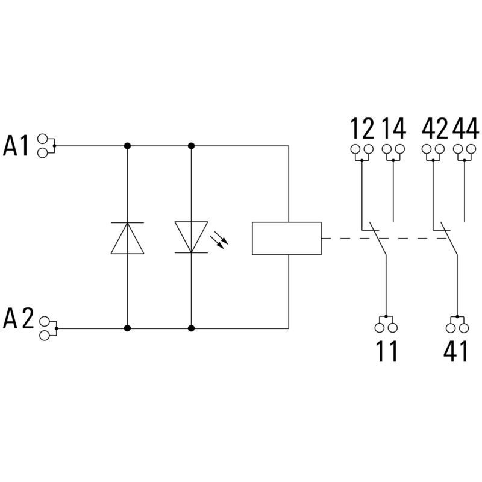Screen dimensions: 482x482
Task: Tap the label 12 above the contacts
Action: coord(362,128)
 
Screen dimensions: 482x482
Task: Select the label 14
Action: coord(394,128)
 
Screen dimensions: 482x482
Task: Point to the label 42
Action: coord(433,128)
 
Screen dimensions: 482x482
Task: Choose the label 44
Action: coord(465,128)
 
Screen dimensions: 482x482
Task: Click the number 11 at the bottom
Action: coord(386,352)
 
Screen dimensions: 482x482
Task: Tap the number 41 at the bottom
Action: coord(457,352)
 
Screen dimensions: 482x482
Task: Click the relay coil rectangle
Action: coord(286,238)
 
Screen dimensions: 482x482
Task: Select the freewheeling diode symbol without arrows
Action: coord(127,237)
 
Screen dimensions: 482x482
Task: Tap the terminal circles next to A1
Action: coord(43,145)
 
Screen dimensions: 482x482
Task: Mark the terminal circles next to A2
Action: coord(44,329)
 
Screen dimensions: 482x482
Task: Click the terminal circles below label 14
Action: coord(394,149)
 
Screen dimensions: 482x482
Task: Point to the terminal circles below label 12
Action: coord(362,149)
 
